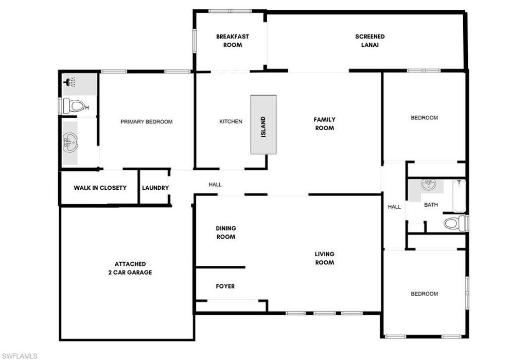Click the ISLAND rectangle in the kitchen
click(x=263, y=124)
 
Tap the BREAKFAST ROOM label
click(x=233, y=41)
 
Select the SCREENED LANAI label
click(x=370, y=41)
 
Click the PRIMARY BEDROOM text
click(x=146, y=122)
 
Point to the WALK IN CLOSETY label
click(x=100, y=188)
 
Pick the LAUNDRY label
click(x=155, y=188)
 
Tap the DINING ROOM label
click(x=225, y=232)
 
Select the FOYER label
click(x=225, y=286)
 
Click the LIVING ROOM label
click(x=324, y=258)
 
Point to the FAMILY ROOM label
click(x=324, y=123)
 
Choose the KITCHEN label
click(x=231, y=122)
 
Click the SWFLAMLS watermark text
click(x=19, y=355)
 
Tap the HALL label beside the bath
click(x=394, y=207)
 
